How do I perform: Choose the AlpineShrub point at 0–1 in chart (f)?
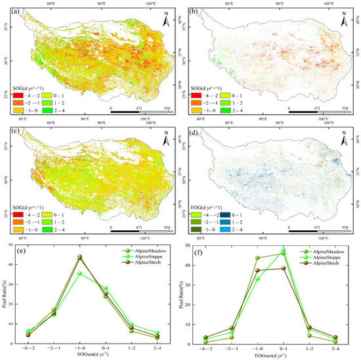click(x=284, y=268)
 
